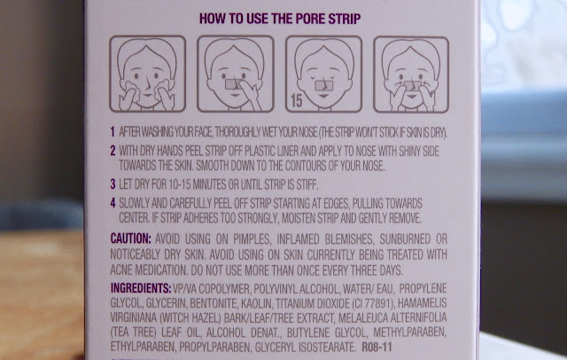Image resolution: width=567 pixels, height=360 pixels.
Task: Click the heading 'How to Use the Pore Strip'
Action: (x=280, y=19)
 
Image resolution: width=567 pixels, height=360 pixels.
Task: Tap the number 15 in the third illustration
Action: (x=296, y=100)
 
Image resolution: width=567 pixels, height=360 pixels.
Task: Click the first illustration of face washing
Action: (x=148, y=74)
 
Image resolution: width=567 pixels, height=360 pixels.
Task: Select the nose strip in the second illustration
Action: (x=232, y=84)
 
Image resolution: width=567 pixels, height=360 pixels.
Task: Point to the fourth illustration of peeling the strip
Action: (x=411, y=74)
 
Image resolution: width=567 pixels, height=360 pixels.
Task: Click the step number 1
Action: (x=113, y=132)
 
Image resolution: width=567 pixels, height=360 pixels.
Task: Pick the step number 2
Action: (x=113, y=151)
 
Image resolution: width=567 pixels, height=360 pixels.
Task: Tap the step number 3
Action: (x=113, y=184)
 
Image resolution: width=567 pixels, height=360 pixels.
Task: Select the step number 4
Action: (x=113, y=203)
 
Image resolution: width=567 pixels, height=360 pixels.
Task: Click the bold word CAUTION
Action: (x=130, y=239)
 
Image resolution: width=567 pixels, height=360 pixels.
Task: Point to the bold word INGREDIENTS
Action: (x=141, y=288)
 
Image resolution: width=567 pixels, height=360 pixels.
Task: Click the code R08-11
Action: (x=377, y=348)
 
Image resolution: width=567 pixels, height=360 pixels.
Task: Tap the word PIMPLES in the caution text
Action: (x=252, y=239)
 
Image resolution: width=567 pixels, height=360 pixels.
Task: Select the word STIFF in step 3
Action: (x=307, y=184)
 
